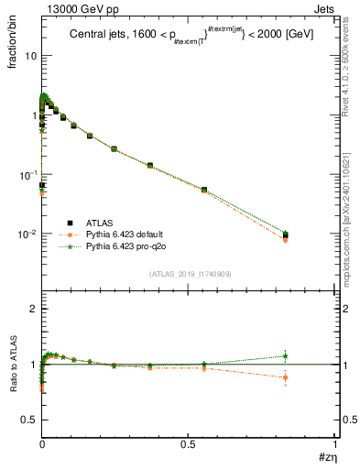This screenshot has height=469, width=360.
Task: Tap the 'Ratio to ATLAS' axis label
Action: click(x=14, y=364)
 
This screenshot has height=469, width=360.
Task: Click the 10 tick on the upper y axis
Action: click(x=29, y=56)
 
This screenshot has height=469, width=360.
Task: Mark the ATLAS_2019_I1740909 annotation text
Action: click(x=190, y=274)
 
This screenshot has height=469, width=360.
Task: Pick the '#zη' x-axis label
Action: click(x=327, y=457)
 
